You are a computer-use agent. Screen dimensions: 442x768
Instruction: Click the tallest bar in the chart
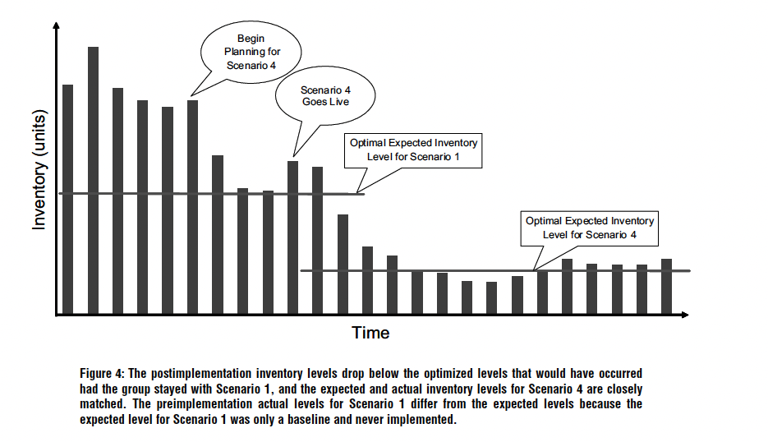coord(93,181)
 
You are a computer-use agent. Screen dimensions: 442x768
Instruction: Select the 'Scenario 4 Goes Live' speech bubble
coord(325,96)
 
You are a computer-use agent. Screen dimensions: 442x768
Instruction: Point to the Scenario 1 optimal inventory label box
coord(413,149)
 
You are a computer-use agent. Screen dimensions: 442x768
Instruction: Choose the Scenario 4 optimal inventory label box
coord(589,228)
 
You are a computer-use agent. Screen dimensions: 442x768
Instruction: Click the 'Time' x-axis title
coord(370,333)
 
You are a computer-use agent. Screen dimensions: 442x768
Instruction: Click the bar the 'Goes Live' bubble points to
coord(292,237)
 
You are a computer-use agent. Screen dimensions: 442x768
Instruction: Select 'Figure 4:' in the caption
coord(104,373)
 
